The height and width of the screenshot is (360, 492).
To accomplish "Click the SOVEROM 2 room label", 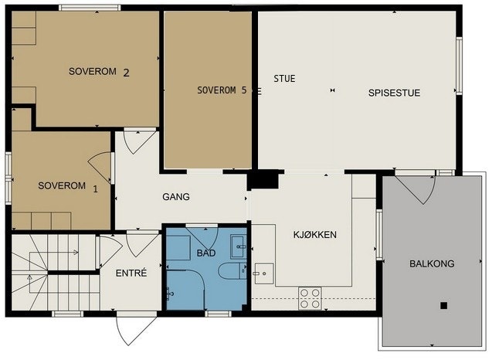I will click(98, 73).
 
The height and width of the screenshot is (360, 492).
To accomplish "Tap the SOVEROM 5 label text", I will click(222, 90).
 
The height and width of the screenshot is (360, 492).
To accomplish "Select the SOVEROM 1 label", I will click(68, 187).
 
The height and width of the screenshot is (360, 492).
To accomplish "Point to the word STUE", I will click(285, 79).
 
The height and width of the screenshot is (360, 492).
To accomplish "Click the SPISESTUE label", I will click(394, 92).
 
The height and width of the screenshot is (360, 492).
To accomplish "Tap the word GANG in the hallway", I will click(175, 197).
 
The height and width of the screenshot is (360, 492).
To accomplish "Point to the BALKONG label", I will click(431, 263).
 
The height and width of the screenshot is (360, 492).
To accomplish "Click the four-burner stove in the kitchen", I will click(310, 298).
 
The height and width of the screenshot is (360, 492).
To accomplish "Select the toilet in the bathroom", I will click(229, 273).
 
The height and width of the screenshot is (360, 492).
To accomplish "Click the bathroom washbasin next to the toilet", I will click(239, 250).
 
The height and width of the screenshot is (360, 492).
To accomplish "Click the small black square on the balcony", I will click(443, 305).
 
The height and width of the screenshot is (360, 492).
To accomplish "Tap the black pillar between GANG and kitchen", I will click(263, 180).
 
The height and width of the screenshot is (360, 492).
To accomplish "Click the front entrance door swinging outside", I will click(130, 331).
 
